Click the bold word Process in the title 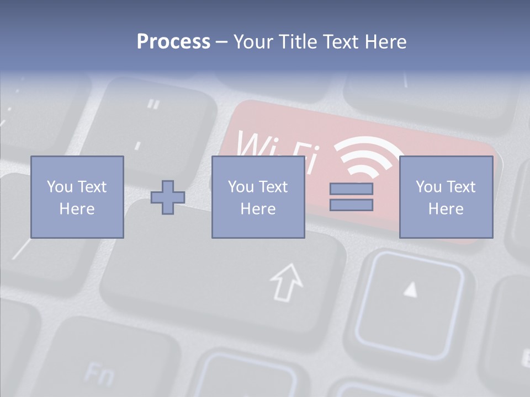point(173,42)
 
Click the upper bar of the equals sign point(351,189)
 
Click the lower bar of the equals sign point(351,205)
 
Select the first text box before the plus point(77,197)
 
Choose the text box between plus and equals point(258,197)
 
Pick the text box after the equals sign point(446,197)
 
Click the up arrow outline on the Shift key point(287,282)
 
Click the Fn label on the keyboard point(99,374)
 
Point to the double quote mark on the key point(154,104)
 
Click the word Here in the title point(385,42)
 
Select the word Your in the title point(253,42)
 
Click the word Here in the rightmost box point(446,209)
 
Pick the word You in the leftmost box point(60,187)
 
